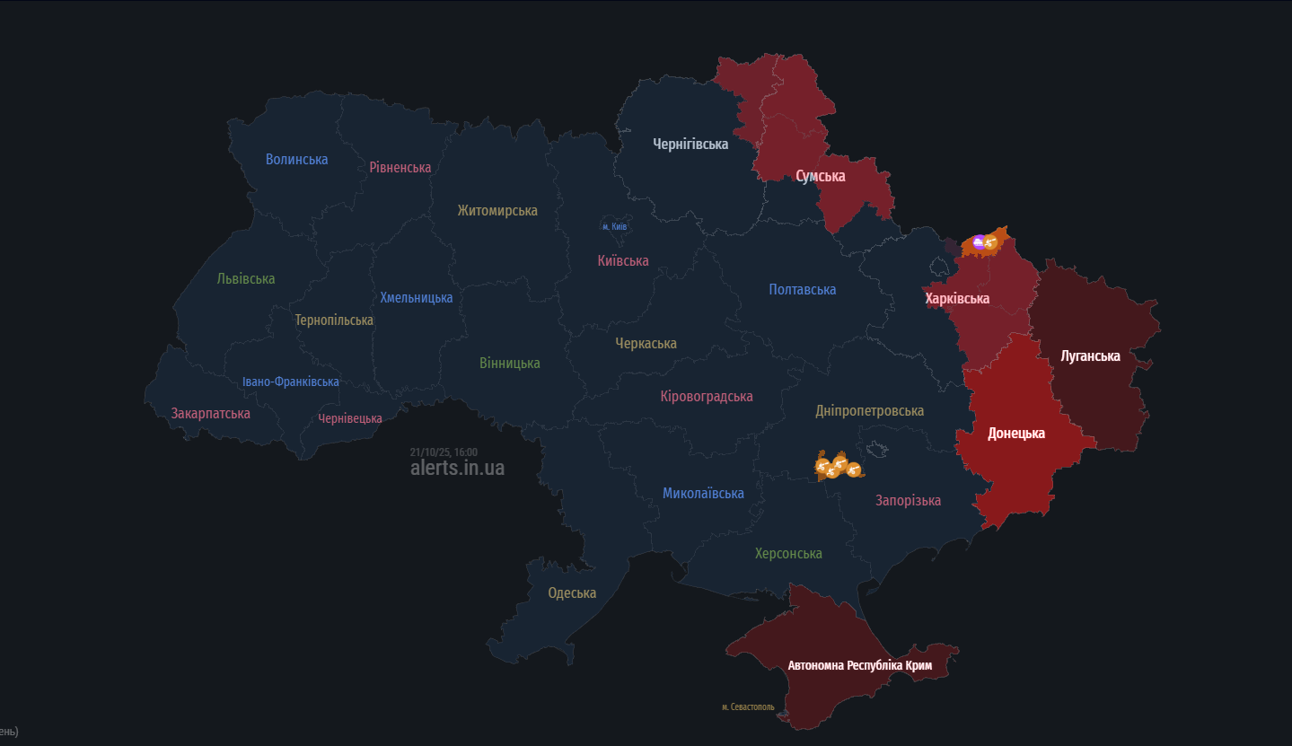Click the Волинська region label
tap(296, 160)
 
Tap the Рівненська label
tap(400, 167)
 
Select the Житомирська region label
tap(497, 211)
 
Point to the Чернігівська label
tap(690, 144)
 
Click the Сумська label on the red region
tap(821, 177)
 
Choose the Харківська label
tap(957, 299)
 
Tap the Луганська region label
tap(1090, 356)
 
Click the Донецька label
tap(1016, 434)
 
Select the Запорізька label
tap(908, 501)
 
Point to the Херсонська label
tap(788, 554)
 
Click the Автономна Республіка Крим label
tap(860, 666)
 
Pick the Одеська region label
tap(572, 593)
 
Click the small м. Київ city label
tap(614, 227)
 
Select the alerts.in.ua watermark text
tap(457, 469)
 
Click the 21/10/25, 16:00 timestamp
tap(444, 452)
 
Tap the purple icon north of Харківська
tap(978, 241)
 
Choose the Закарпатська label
tap(211, 414)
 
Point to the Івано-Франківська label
tap(291, 382)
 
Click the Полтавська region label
tap(802, 290)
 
